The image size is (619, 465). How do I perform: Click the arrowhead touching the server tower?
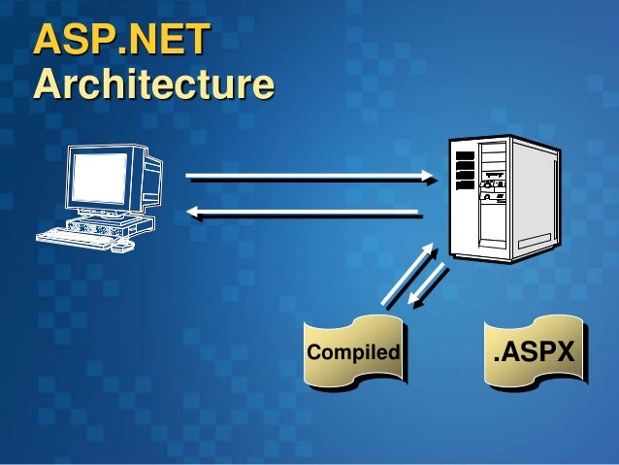[429, 178]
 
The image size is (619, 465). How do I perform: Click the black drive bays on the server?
[465, 170]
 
